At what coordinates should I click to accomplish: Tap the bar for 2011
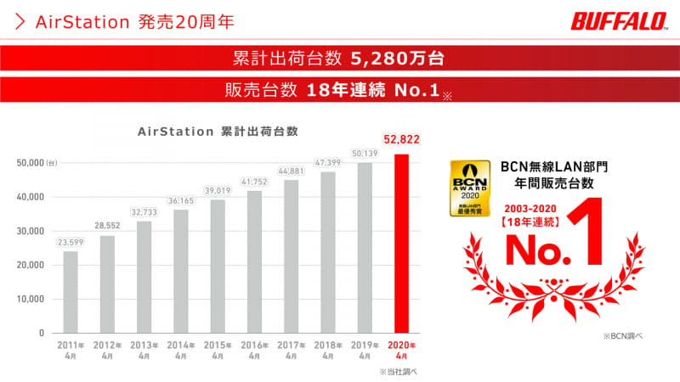point(70,291)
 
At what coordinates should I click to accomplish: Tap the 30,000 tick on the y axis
point(31,231)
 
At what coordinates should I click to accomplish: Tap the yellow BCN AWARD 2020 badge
point(467,187)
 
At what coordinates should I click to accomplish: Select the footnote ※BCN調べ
point(623,337)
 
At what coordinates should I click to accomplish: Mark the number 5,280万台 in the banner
point(396,59)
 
